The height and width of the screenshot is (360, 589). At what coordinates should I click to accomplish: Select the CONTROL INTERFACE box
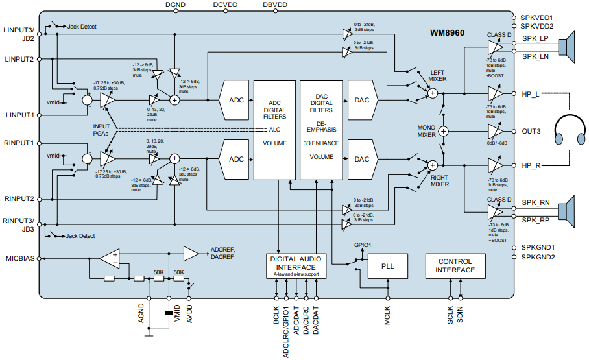455,266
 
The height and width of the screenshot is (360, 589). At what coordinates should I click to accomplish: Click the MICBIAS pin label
19,258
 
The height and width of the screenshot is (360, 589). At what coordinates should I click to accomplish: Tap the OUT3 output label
531,130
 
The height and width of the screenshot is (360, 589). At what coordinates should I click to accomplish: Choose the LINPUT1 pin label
19,115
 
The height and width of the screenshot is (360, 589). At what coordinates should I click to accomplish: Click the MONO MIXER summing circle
444,130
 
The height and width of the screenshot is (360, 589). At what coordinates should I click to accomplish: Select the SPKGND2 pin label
538,258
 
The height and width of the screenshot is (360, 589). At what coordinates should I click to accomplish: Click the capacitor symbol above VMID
169,312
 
